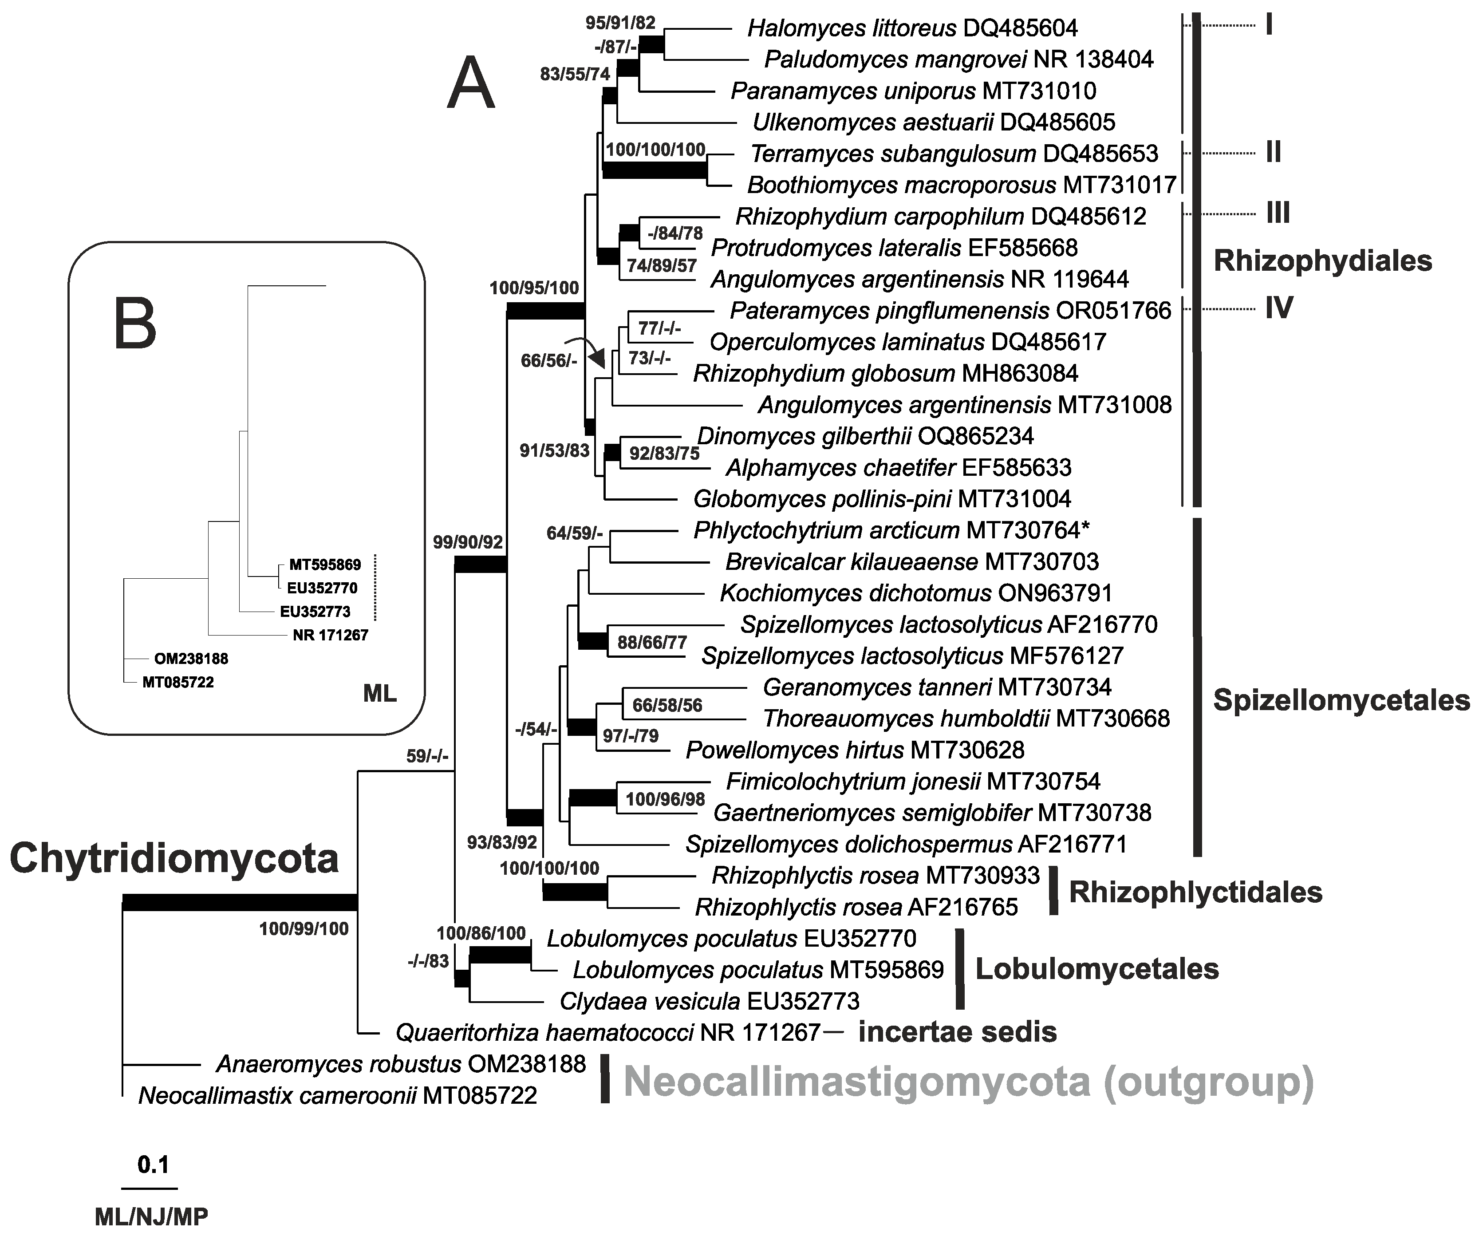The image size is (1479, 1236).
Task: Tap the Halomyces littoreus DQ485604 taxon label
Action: click(912, 28)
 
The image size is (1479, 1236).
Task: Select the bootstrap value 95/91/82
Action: click(620, 23)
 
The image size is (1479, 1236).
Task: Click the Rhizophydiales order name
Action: click(1322, 261)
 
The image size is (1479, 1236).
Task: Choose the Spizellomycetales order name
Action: click(1341, 699)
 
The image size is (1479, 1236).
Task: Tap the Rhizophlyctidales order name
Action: click(1195, 892)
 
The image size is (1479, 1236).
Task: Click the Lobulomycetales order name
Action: click(1096, 969)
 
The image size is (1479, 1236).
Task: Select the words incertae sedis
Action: click(957, 1032)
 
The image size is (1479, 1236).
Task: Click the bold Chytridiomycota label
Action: click(174, 858)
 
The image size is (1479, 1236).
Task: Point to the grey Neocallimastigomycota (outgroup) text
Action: click(968, 1082)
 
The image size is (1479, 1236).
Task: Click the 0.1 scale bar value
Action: click(153, 1165)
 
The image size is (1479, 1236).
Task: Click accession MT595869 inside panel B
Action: click(325, 565)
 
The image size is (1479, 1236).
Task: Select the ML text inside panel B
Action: click(379, 694)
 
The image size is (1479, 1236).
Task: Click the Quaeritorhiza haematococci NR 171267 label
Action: click(608, 1032)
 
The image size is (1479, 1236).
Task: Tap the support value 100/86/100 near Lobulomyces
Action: click(481, 933)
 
